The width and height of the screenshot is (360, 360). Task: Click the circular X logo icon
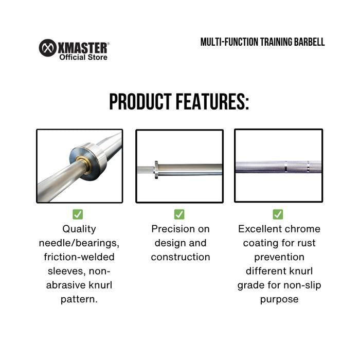pos(47,48)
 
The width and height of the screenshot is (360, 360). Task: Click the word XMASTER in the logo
pos(83,48)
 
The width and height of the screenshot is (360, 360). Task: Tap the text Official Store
pos(83,57)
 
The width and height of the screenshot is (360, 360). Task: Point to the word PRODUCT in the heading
pos(140,101)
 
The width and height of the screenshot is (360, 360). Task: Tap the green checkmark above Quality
pos(78,214)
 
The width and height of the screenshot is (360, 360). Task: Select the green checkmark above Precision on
pos(179,214)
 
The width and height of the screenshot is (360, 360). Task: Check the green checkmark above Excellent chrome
pos(278,214)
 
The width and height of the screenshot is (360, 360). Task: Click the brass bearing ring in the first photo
pos(83,165)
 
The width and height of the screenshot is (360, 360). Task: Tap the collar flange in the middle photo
pos(156,170)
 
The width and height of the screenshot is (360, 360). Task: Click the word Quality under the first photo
pos(79,229)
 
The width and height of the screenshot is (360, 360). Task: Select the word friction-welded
pos(79,257)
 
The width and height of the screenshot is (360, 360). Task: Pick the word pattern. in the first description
pos(79,300)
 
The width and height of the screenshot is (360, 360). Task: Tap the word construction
pos(181,257)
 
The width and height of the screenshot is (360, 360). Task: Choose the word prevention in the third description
pos(279,257)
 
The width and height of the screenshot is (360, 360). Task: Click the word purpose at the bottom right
pos(279,300)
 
